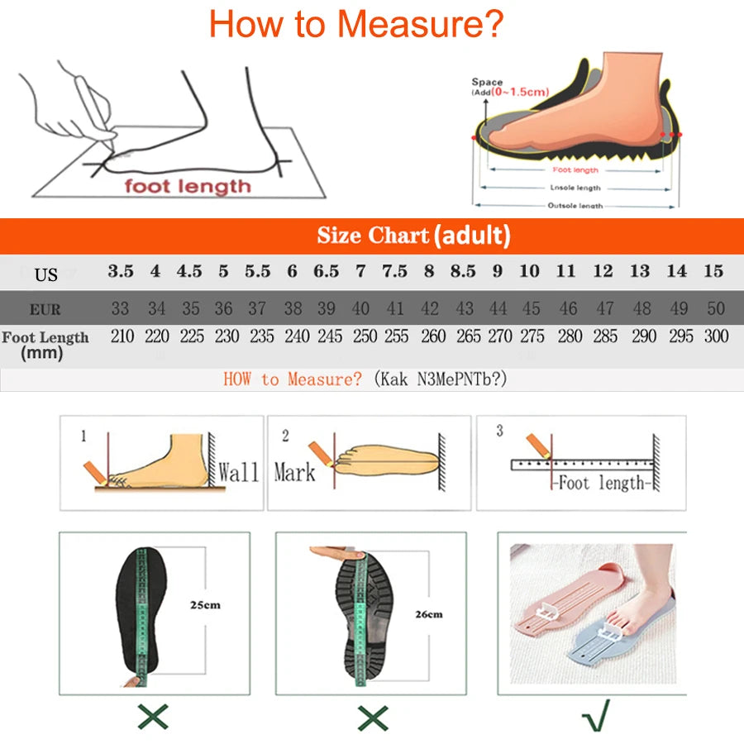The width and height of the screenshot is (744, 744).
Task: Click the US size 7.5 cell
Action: click(x=394, y=271)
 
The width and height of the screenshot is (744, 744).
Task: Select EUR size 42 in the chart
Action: click(x=430, y=309)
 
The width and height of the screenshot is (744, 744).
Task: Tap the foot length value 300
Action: click(x=716, y=336)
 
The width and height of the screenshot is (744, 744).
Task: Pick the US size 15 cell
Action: click(x=713, y=271)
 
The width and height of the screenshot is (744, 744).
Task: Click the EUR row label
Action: click(x=45, y=310)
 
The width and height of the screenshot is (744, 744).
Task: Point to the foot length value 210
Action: click(x=121, y=336)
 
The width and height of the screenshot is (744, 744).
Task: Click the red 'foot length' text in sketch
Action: click(x=187, y=186)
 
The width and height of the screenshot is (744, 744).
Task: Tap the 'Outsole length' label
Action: click(x=575, y=206)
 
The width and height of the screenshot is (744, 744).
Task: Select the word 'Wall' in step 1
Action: click(x=239, y=474)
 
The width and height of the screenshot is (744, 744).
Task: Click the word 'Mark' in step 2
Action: click(x=294, y=473)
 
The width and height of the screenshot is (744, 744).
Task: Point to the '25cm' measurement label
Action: click(x=205, y=605)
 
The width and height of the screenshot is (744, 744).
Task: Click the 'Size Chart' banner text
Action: click(x=373, y=236)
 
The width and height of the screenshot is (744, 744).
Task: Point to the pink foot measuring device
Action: click(x=570, y=608)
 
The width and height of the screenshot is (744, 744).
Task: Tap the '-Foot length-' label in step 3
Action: click(x=602, y=483)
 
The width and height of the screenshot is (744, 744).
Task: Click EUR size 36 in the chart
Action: click(x=223, y=309)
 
